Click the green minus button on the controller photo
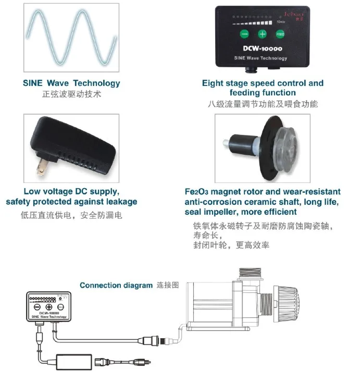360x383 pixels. click(x=245, y=34)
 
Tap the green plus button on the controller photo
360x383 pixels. click(x=262, y=34)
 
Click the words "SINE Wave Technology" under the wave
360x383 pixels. click(x=71, y=83)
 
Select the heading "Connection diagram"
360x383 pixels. click(x=116, y=285)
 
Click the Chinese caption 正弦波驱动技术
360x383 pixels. click(x=71, y=95)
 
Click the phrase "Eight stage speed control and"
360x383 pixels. click(x=263, y=83)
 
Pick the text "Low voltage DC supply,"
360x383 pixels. click(x=71, y=192)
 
